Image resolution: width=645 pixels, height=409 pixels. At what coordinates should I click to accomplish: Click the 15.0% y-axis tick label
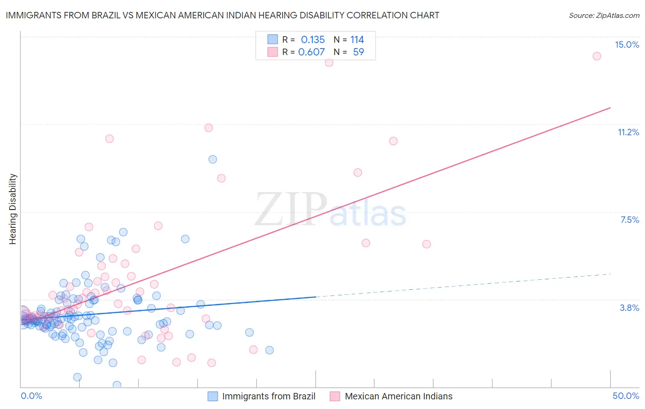click(627, 44)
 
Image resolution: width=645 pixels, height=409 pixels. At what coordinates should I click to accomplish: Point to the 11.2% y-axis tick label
click(628, 132)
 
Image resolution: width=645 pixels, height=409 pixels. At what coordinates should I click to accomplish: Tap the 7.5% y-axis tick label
click(629, 220)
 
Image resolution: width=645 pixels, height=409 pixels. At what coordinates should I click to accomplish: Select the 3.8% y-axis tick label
click(629, 308)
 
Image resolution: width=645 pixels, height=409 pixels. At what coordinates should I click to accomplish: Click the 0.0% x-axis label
click(31, 396)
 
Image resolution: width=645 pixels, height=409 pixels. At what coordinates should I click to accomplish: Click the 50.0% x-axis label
click(626, 396)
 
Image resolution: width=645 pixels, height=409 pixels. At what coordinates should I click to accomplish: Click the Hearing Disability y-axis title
click(13, 209)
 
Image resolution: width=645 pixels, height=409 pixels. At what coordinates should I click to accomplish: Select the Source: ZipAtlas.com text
click(604, 15)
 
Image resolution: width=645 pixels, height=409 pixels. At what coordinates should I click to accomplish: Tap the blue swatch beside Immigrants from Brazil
click(213, 396)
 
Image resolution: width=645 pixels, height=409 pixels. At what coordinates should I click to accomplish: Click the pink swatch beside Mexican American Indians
click(335, 396)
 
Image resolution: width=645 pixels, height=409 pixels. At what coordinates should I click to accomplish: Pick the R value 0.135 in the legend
click(312, 40)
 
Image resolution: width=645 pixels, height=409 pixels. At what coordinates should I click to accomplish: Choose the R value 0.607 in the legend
click(311, 52)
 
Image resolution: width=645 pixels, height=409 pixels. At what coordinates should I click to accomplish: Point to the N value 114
click(357, 40)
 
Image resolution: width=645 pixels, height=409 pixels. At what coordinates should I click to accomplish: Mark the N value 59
click(358, 52)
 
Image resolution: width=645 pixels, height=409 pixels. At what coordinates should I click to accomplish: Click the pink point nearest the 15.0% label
click(597, 56)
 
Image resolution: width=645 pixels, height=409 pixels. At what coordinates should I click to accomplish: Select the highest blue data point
click(212, 159)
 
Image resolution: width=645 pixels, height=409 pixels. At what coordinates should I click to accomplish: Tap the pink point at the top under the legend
click(329, 62)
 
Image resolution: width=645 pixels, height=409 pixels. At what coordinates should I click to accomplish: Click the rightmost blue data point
click(269, 350)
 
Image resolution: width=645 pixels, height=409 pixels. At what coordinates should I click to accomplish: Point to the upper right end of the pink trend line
click(610, 108)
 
